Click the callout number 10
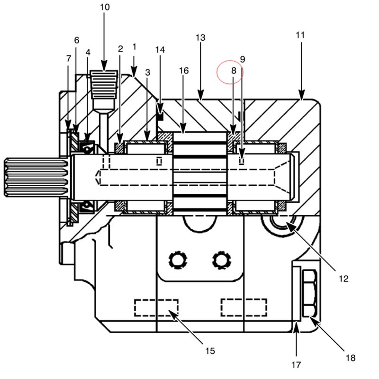105,7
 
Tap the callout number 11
300,35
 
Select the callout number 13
200,38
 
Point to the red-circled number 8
234,71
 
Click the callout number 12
343,279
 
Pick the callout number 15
210,351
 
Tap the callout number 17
296,365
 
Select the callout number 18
351,358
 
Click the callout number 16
184,71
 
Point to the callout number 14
160,50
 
